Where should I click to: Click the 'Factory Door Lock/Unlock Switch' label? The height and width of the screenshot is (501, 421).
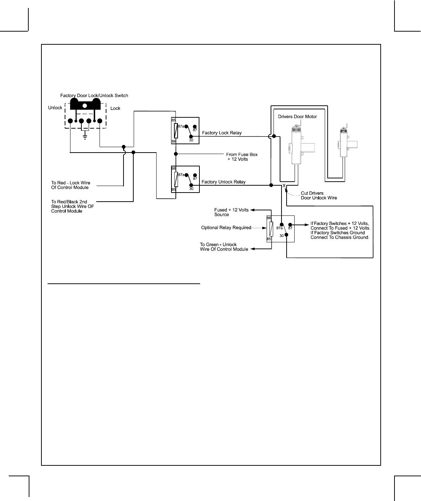pos(94,96)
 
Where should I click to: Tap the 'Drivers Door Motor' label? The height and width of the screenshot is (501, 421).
pos(297,117)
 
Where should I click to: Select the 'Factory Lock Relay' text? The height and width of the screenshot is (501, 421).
pos(222,133)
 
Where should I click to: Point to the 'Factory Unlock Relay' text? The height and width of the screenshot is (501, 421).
pos(223,182)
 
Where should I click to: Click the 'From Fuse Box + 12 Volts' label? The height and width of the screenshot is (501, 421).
pos(242,157)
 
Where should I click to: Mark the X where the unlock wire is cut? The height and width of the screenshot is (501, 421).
pos(284,186)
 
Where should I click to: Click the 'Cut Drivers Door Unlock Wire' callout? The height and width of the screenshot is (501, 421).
pos(319,195)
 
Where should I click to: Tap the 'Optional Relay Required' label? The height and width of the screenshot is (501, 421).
pos(226,228)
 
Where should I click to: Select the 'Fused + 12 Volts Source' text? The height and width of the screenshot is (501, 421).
pos(231,212)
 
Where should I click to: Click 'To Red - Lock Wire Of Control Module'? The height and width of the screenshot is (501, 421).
pos(70,185)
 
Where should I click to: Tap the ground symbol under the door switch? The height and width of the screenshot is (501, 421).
pos(85,137)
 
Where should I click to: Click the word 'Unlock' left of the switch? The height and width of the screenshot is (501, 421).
pos(55,108)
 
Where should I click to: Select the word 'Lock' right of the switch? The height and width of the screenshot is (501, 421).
pos(115,108)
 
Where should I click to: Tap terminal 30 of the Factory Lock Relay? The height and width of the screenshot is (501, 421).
pos(191,136)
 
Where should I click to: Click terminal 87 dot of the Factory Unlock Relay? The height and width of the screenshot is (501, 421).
pos(195,174)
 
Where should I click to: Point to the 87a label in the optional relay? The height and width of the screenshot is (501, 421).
pos(279,228)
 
